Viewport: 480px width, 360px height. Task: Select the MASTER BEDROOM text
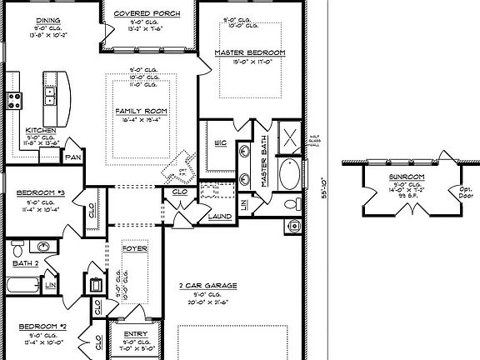[249, 52]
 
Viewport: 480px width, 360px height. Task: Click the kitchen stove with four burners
[14, 101]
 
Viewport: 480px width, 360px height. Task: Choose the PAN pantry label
[72, 156]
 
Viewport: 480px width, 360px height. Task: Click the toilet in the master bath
[292, 204]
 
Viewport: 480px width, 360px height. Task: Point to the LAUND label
[220, 216]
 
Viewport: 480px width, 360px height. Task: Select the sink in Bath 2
[43, 247]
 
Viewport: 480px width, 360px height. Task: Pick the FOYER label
[135, 248]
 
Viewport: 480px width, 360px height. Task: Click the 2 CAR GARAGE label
[207, 285]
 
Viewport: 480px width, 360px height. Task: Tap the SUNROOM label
[407, 177]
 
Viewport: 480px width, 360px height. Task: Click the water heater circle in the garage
[292, 223]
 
